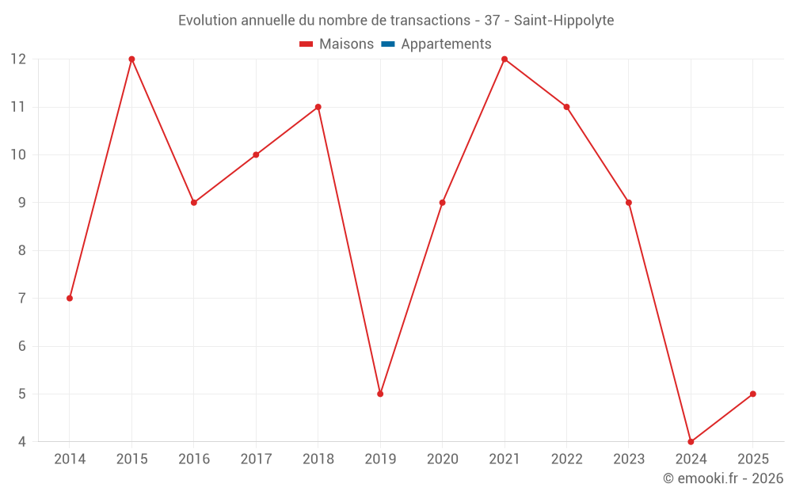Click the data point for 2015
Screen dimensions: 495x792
[131, 59]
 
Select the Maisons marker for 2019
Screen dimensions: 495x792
[380, 394]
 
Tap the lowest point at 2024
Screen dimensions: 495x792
[691, 441]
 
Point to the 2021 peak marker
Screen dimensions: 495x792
[505, 59]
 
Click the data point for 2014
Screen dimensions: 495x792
[70, 299]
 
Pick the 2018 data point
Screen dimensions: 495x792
[318, 107]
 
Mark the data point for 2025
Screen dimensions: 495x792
[752, 394]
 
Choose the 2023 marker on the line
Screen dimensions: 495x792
[629, 203]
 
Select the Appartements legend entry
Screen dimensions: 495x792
[446, 44]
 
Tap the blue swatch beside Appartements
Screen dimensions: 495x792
[388, 44]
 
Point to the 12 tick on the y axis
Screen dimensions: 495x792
[18, 59]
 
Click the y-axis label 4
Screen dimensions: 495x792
[21, 442]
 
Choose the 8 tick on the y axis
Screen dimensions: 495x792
[21, 250]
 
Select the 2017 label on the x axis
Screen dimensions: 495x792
[256, 459]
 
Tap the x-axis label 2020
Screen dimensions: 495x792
[442, 459]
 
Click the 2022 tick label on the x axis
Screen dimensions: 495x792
[566, 459]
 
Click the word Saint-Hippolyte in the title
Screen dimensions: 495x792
[564, 21]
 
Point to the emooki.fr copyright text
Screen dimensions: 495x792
[722, 478]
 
